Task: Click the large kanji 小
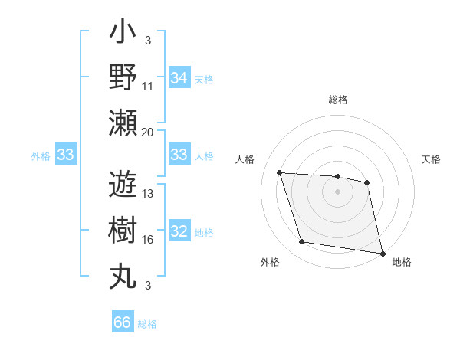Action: click(123, 34)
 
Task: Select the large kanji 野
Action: click(123, 78)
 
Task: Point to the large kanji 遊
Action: click(123, 185)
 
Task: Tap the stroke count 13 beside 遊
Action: click(148, 195)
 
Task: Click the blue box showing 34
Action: click(179, 78)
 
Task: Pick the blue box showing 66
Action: click(123, 322)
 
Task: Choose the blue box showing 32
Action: click(179, 232)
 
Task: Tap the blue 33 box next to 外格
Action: click(65, 155)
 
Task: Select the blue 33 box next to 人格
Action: click(179, 155)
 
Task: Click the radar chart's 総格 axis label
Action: click(337, 100)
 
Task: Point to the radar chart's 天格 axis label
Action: click(432, 159)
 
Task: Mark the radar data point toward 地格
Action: click(381, 253)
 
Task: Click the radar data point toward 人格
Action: click(280, 172)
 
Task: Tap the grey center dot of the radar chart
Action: click(337, 191)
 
